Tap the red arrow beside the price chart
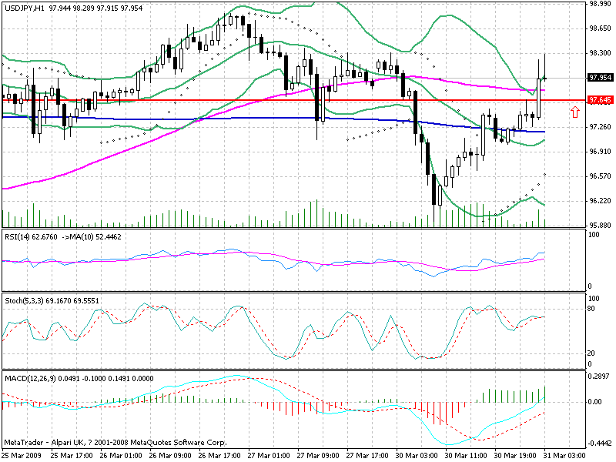[574, 113]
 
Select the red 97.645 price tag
[599, 100]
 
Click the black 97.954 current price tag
[599, 77]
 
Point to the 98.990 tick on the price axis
[599, 4]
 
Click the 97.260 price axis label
[599, 126]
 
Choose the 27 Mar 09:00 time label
[318, 456]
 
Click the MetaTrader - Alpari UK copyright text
[115, 444]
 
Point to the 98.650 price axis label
[599, 28]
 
